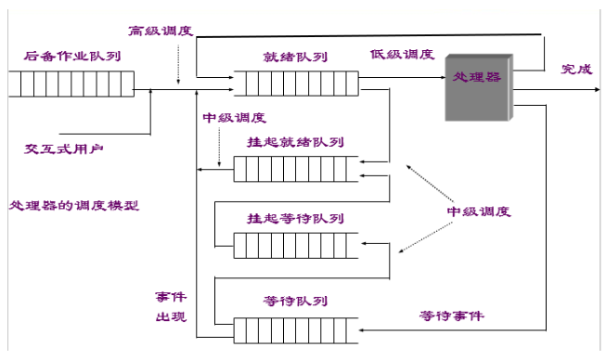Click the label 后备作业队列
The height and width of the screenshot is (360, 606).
pos(72,57)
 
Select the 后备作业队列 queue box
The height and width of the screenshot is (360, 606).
pos(68,86)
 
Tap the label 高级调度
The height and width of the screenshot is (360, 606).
pos(161,31)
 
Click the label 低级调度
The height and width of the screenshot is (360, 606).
pos(402,55)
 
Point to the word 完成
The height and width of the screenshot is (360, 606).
pos(574,70)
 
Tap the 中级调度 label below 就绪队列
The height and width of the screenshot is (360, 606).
pos(234,118)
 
